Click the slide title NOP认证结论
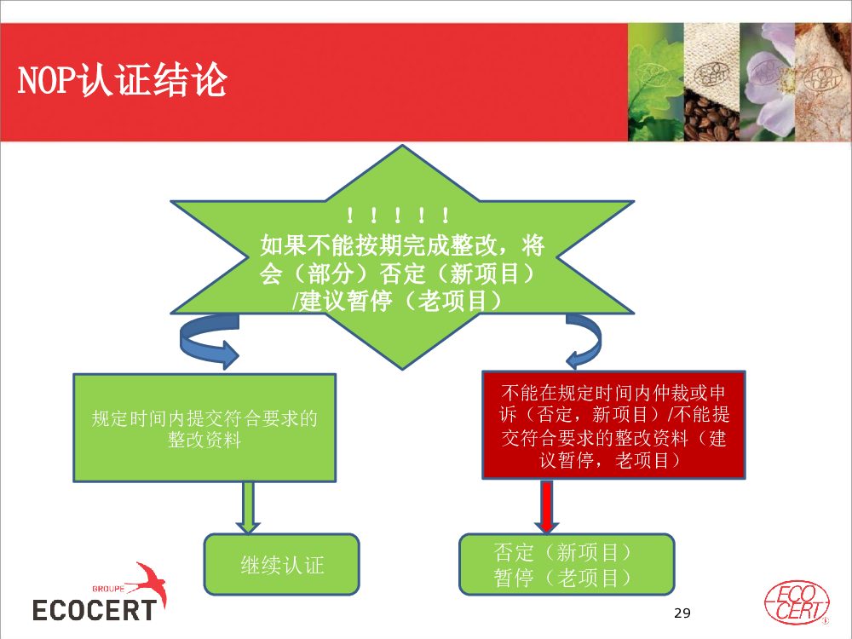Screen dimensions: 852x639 122,80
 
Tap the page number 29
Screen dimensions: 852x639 682,613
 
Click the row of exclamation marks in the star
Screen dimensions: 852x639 398,216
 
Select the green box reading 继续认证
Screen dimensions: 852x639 281,565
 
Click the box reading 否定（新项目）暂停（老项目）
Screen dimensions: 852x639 567,565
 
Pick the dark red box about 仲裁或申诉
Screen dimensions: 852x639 614,425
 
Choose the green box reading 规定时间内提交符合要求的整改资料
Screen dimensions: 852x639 204,428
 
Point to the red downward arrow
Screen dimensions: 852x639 547,506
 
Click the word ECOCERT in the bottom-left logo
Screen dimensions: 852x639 95,610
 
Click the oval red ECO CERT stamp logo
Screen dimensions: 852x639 797,603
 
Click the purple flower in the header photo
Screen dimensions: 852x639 768,82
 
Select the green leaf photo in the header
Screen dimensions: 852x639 656,82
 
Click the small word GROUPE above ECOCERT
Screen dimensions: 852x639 108,589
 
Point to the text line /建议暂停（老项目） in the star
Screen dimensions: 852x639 397,301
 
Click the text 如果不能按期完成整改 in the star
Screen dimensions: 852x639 378,245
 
